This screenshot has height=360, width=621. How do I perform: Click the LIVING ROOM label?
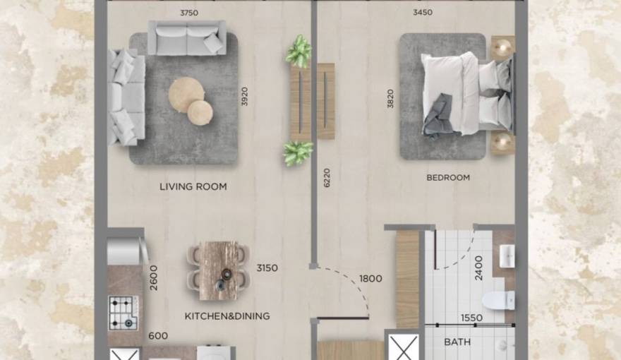click(193, 187)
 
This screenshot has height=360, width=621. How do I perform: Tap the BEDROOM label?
click(447, 178)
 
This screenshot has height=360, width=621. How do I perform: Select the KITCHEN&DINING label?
click(227, 316)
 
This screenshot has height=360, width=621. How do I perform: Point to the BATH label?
click(457, 342)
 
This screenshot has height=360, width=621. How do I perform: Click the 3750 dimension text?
click(188, 12)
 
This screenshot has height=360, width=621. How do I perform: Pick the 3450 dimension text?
click(423, 12)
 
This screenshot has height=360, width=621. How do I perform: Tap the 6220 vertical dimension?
click(327, 177)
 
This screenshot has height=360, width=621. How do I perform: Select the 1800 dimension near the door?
click(370, 279)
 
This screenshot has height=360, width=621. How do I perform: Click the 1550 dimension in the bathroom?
click(471, 318)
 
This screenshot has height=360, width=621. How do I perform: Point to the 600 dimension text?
click(158, 337)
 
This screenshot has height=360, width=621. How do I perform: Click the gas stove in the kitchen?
click(123, 312)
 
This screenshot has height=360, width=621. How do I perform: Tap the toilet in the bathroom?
click(503, 299)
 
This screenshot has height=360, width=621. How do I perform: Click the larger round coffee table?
click(186, 95)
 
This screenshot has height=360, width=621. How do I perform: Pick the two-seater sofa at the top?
click(186, 37)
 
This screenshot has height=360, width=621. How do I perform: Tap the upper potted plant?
click(299, 52)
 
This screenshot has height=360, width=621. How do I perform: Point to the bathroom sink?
click(507, 256)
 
